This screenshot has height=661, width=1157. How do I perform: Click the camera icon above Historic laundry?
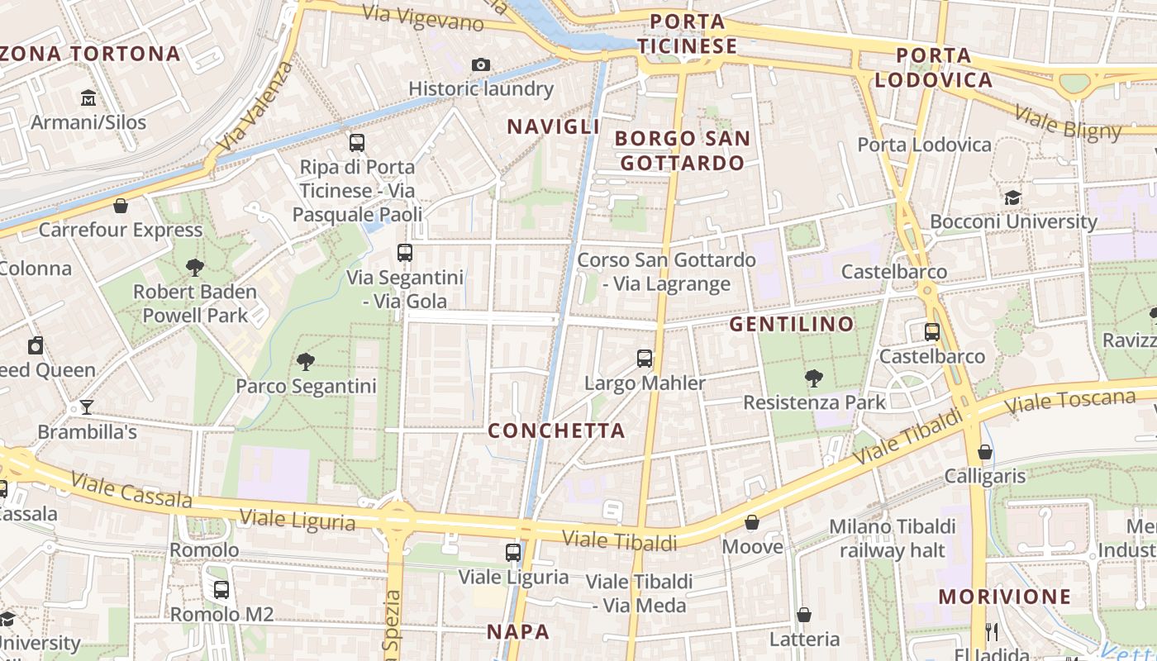tap(480, 64)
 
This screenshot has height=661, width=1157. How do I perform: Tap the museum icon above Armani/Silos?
tap(88, 99)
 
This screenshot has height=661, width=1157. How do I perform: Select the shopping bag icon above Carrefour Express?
tap(121, 206)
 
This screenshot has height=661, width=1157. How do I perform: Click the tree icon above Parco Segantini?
tap(306, 361)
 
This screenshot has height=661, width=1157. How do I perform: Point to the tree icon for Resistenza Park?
tap(814, 378)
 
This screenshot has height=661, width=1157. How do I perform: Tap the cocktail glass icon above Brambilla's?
tap(87, 407)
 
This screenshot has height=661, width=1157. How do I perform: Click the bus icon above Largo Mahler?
tap(645, 359)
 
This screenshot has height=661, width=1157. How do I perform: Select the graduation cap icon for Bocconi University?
tap(1012, 197)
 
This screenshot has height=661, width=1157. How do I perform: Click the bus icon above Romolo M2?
tap(221, 590)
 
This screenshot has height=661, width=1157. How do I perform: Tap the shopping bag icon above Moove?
tap(752, 522)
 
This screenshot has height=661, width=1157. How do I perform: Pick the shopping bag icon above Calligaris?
tap(985, 452)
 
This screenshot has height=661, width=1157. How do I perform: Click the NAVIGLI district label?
tap(553, 126)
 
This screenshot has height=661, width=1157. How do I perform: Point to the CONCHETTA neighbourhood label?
tap(556, 430)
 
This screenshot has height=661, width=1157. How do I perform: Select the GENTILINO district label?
tap(791, 324)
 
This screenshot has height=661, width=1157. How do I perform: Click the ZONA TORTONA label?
tap(90, 54)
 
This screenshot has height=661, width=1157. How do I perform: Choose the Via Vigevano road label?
tap(422, 18)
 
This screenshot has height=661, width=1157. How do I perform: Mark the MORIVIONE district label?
tap(1004, 597)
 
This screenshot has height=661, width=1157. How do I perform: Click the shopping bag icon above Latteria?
tap(804, 615)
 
